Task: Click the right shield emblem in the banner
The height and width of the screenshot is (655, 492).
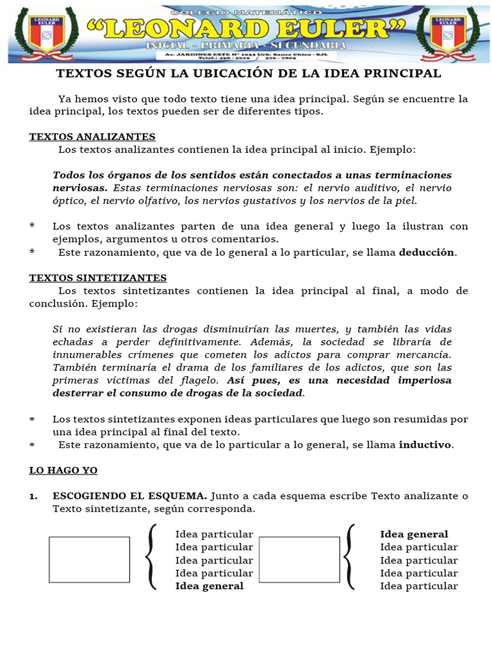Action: tap(448, 33)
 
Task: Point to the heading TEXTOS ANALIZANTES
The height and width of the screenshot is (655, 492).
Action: tap(92, 137)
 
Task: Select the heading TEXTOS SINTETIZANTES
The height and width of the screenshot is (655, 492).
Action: tap(98, 278)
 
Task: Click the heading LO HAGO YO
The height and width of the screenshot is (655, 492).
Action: tap(63, 470)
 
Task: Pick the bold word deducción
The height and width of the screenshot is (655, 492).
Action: tap(427, 252)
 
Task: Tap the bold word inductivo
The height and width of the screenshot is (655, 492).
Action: tap(425, 445)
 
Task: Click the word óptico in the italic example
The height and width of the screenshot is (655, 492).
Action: tap(70, 201)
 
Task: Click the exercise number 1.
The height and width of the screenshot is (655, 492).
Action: tap(33, 496)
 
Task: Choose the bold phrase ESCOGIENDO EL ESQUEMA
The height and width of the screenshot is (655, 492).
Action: tap(129, 496)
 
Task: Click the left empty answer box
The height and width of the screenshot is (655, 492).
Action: tap(89, 560)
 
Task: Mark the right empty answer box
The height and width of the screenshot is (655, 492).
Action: tap(299, 560)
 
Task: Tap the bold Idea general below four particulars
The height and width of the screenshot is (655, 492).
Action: tap(209, 586)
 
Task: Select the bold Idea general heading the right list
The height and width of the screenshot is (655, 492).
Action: tap(414, 534)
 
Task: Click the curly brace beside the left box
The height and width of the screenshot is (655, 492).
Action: tap(151, 556)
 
